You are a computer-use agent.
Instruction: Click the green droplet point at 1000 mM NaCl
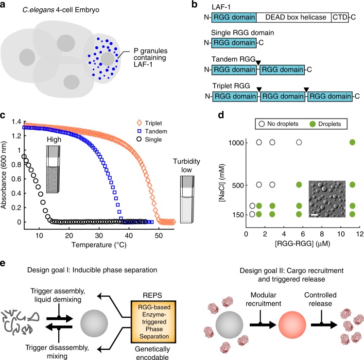(352, 142)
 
